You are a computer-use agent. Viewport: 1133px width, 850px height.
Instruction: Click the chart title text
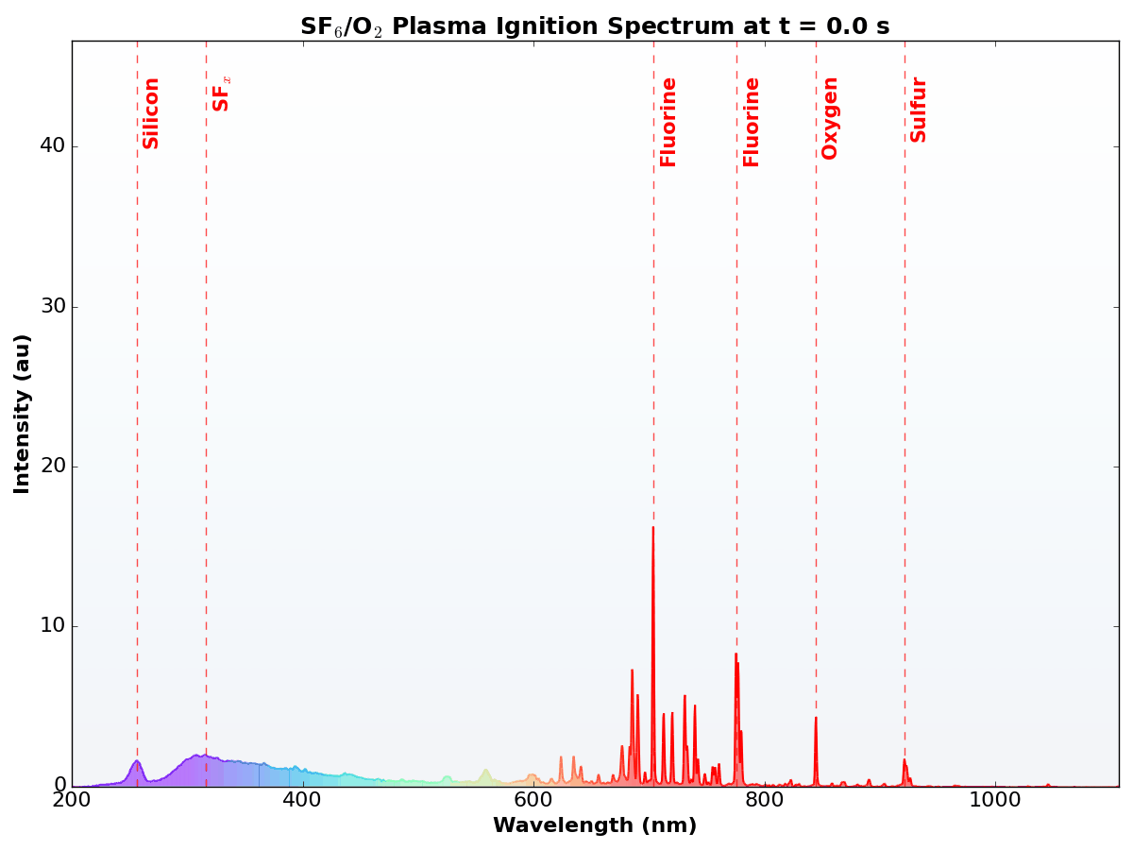[595, 26]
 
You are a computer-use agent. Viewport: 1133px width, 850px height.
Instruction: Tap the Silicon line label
[151, 112]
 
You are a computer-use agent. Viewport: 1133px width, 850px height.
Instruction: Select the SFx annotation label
[221, 93]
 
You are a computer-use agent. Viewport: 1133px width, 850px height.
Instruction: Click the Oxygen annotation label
[830, 118]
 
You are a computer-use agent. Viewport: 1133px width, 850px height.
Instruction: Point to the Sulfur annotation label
[919, 110]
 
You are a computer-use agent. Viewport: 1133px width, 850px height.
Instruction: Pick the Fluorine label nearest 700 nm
[668, 122]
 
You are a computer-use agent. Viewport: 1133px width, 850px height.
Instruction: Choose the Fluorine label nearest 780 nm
[752, 122]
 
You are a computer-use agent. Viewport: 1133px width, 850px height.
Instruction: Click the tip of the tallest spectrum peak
[652, 528]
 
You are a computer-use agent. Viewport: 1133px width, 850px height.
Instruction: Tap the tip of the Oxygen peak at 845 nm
[816, 719]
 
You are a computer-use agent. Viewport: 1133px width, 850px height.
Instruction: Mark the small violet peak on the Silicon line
[137, 761]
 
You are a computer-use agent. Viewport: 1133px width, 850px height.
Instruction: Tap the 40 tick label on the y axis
[52, 146]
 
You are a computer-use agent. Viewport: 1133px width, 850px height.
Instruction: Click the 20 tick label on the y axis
[52, 467]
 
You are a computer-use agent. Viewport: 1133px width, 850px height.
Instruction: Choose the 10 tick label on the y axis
[52, 626]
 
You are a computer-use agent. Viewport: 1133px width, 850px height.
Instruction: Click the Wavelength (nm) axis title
[595, 826]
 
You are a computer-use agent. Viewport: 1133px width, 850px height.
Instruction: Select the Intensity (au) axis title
[23, 413]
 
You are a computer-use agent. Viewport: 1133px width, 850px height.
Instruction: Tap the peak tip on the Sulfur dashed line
[905, 760]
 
